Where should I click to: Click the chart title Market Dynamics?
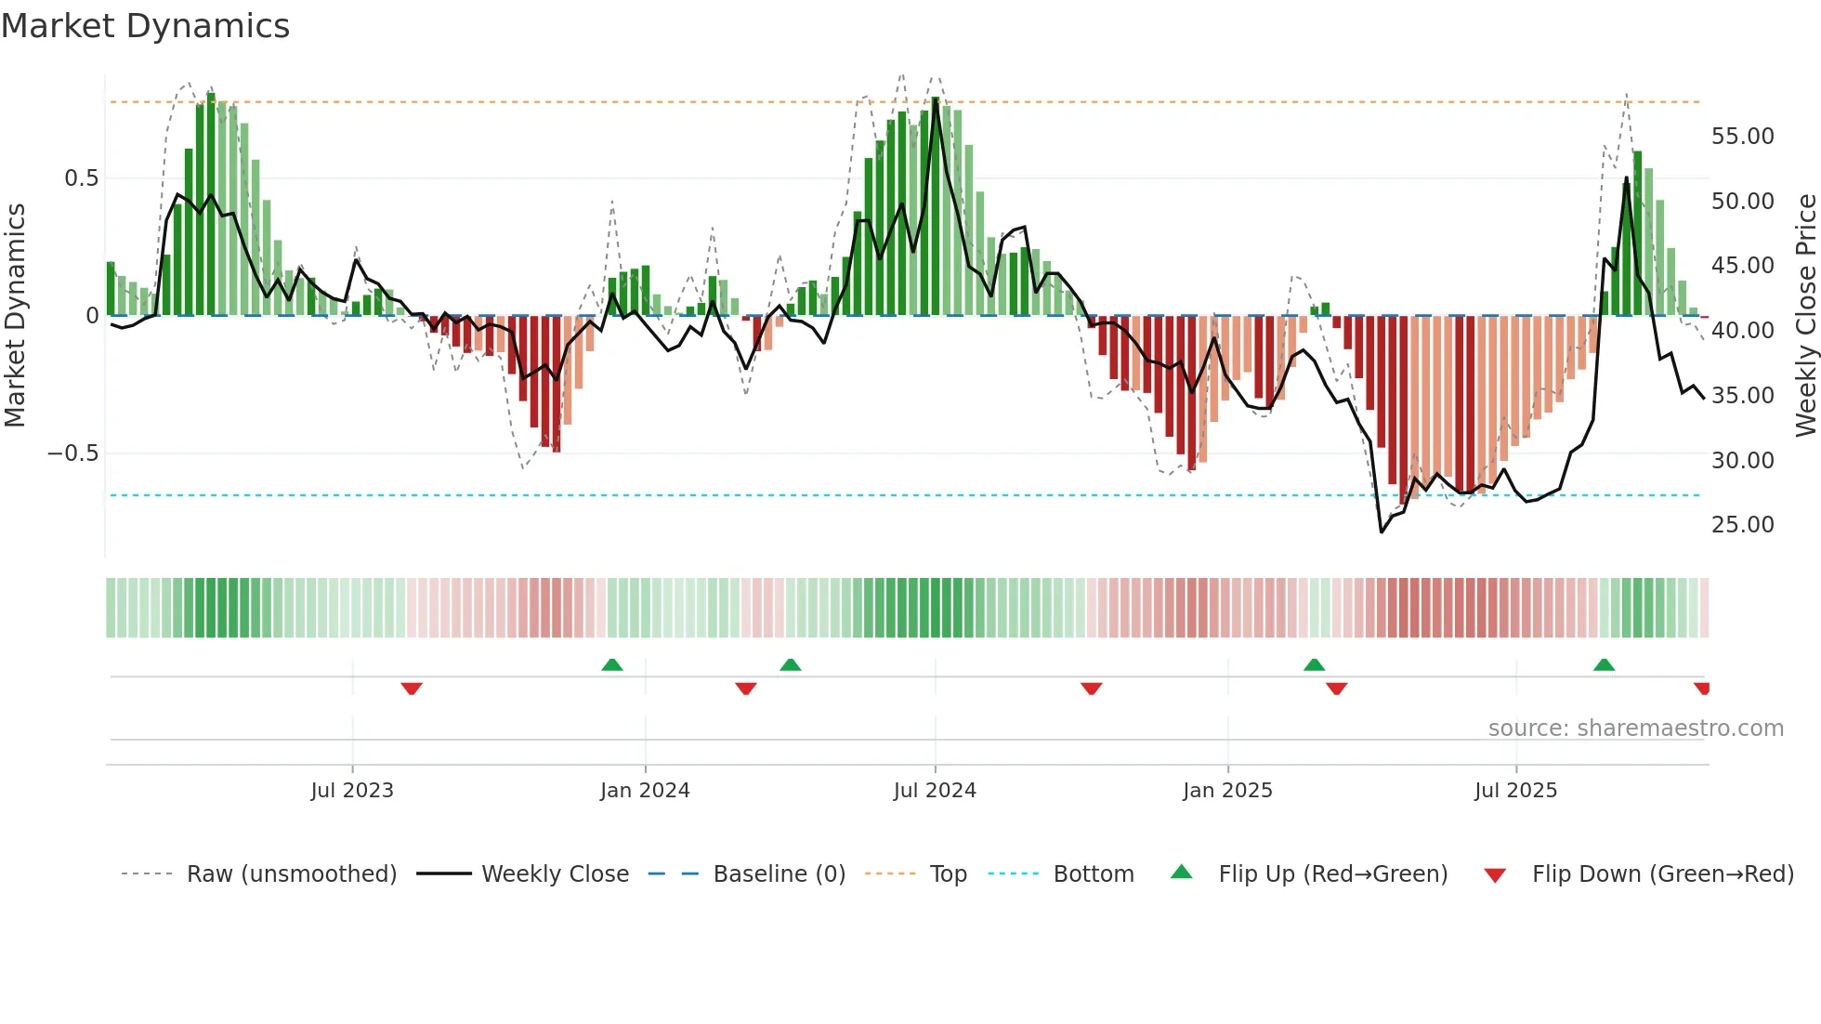tap(145, 26)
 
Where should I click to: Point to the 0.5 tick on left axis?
tap(81, 178)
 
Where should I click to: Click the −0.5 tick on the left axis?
tap(72, 453)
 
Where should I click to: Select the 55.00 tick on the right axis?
tap(1742, 137)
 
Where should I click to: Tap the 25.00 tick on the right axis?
tap(1742, 525)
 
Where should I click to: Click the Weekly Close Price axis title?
tap(1804, 315)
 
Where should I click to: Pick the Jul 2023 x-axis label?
tap(352, 791)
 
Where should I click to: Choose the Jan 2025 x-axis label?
tap(1227, 791)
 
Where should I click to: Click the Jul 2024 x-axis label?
tap(935, 791)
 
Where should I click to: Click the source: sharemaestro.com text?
tap(1635, 729)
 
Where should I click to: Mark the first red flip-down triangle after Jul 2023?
tap(412, 689)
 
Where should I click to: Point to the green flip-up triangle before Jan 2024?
tap(611, 664)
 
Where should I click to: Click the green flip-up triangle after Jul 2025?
tap(1604, 664)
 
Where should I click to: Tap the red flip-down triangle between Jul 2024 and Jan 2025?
tap(1092, 689)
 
